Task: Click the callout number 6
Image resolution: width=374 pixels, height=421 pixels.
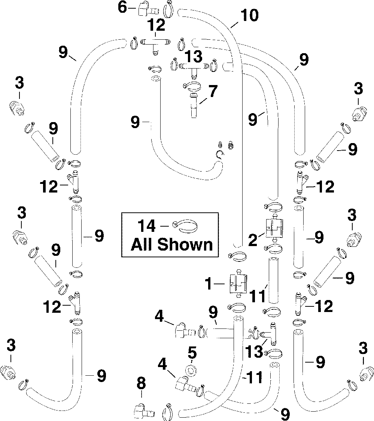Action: click(x=122, y=7)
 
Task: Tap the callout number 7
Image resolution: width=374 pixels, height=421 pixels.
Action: click(x=212, y=91)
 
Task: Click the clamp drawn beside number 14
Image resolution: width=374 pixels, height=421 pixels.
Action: click(x=186, y=226)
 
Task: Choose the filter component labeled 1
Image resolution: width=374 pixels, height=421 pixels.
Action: click(x=238, y=282)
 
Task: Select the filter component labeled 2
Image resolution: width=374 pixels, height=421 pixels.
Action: click(x=275, y=228)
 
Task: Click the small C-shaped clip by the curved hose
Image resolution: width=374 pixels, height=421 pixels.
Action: click(x=219, y=154)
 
